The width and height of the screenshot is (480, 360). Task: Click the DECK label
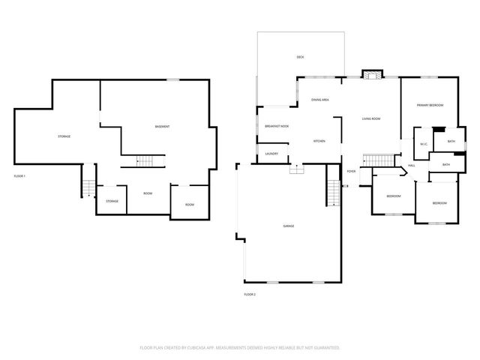[x=300, y=57]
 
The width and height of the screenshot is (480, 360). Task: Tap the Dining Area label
[x=320, y=100]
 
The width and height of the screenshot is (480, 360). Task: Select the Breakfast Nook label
[x=276, y=126]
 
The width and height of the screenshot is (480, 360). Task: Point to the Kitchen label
[x=319, y=141]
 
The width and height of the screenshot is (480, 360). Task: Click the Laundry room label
[x=271, y=154]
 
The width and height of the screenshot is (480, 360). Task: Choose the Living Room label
[x=371, y=118]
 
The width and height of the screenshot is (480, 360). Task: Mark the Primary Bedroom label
[x=430, y=105]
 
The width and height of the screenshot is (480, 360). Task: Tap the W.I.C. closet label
[x=423, y=144]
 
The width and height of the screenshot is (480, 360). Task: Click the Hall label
[x=412, y=165]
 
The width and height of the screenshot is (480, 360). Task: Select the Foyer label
[x=351, y=171]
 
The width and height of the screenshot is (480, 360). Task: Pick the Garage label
[x=288, y=226]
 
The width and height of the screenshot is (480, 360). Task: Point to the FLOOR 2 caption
[x=250, y=295]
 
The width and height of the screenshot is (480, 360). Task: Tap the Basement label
[x=162, y=126]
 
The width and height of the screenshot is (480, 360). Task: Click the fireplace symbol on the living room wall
[x=371, y=74]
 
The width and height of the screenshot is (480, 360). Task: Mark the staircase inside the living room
[x=378, y=160]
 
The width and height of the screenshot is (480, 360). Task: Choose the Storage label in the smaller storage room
[x=112, y=201]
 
